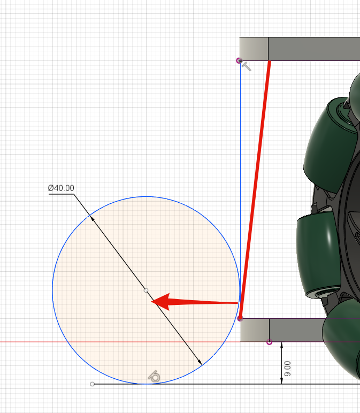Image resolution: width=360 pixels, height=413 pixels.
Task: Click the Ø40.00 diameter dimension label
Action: (61, 188)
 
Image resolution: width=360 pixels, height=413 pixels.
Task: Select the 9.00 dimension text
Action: (288, 369)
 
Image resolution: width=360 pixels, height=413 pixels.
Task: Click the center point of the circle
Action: (146, 290)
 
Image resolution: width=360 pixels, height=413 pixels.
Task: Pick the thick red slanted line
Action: (255, 189)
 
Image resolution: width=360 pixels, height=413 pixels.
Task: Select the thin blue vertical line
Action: (240, 189)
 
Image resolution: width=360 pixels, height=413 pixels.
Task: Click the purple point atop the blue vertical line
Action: (239, 61)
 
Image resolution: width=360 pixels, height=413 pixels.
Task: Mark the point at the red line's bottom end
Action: (240, 319)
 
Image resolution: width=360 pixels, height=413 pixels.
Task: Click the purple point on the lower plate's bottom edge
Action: (269, 342)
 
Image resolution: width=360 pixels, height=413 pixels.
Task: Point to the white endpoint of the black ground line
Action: (92, 384)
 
